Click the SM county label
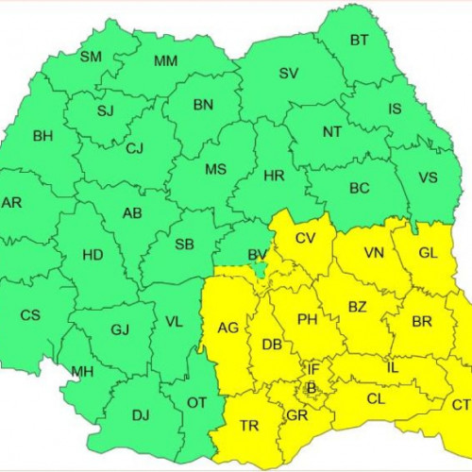point(91,58)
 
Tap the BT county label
point(360,40)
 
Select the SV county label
point(289,74)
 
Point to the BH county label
point(43,137)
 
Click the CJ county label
point(135,148)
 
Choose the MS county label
point(217,169)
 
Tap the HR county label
point(275,176)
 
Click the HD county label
point(93,255)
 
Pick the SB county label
point(185,245)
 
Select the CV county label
point(305,238)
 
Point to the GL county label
point(428,253)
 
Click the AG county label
point(228,328)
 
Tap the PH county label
point(307,319)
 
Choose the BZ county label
point(358,308)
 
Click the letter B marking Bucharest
point(311,387)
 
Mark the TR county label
point(249,427)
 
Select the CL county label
point(376,398)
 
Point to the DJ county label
point(141,413)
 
